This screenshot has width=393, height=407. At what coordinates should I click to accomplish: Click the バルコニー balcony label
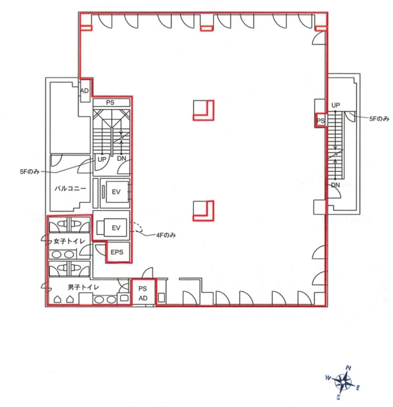coord(70,188)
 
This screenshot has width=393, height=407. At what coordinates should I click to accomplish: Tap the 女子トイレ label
coord(69,241)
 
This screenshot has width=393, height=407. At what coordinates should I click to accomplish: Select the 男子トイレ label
coord(83,287)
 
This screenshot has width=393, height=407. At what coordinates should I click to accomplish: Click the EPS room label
coord(117,252)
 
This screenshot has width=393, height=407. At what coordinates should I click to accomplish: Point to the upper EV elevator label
coord(116,192)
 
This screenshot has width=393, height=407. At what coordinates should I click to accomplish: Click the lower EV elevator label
coord(116,228)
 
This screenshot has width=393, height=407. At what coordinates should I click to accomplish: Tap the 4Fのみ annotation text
coord(166,235)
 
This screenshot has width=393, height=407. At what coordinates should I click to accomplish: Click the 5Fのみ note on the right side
coord(379,119)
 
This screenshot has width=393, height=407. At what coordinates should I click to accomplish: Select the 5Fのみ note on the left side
coord(30,171)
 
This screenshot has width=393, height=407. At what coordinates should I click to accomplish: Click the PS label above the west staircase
coord(110,103)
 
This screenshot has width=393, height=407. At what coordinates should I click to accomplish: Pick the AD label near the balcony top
coord(85,91)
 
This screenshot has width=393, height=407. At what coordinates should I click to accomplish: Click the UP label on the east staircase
coord(336,105)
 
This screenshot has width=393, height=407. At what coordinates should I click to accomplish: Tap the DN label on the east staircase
coord(336,185)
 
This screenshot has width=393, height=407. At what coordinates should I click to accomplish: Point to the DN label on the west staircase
coord(121,158)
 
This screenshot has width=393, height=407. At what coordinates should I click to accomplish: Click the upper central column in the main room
coord(204,110)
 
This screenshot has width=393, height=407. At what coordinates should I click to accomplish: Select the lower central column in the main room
coord(204,211)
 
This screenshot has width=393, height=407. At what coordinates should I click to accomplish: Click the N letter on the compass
coord(349,368)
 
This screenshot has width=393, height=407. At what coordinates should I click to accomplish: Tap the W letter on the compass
coord(328,377)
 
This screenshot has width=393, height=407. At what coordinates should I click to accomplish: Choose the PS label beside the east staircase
coord(321,121)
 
